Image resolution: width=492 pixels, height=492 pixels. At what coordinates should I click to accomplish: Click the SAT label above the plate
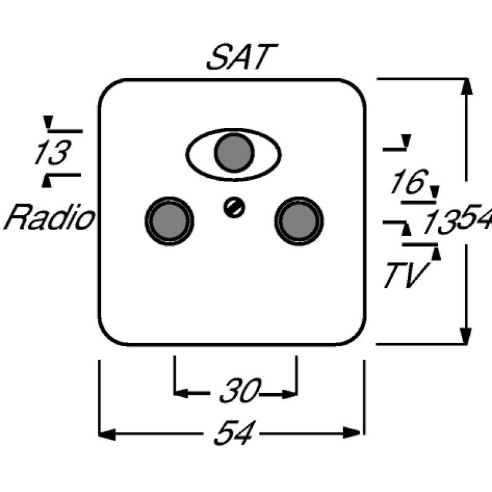click(237, 58)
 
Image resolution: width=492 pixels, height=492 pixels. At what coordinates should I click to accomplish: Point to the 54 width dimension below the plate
click(232, 434)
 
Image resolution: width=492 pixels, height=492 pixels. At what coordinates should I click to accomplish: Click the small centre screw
click(234, 208)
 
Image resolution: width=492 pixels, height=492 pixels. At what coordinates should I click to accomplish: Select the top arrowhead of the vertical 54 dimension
click(467, 87)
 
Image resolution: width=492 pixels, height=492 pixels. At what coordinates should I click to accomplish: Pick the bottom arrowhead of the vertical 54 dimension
click(467, 336)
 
